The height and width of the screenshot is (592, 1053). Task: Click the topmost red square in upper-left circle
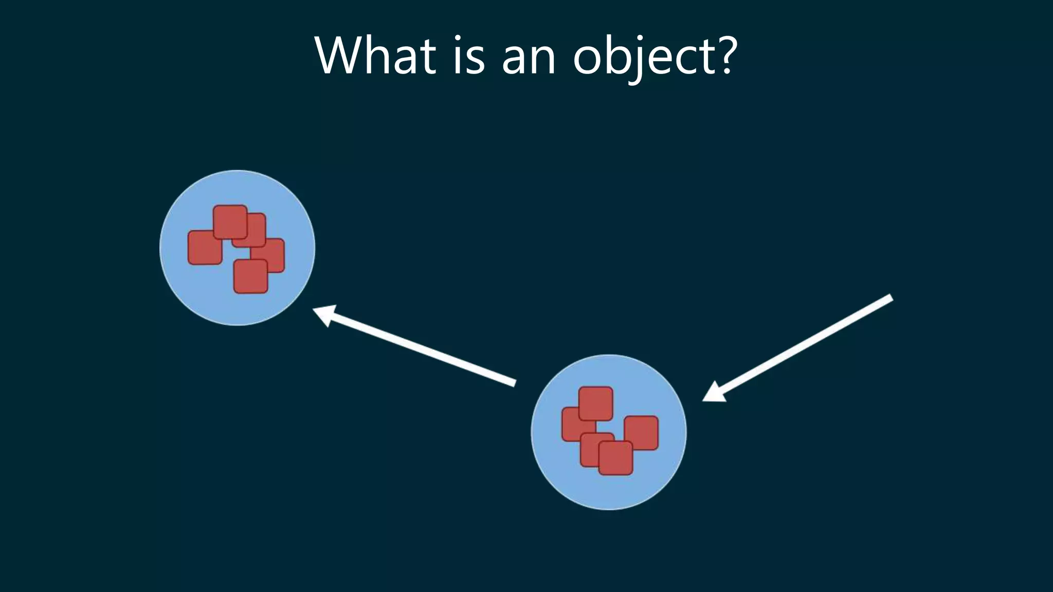pyautogui.click(x=230, y=221)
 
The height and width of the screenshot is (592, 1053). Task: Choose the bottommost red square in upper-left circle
pyautogui.click(x=251, y=277)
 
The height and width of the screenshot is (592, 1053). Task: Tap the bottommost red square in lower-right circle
pyautogui.click(x=615, y=458)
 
